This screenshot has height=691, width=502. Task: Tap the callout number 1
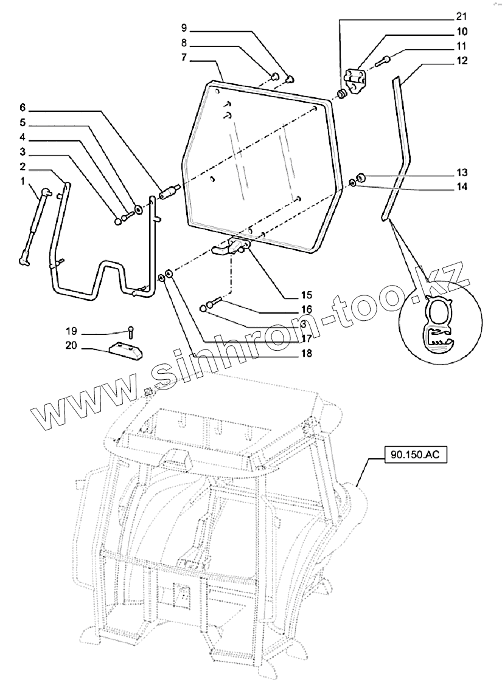[22, 181]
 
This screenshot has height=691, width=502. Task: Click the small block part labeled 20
[125, 350]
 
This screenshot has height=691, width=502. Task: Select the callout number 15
[305, 296]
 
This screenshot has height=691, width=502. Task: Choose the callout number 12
[460, 61]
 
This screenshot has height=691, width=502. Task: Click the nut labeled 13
[360, 178]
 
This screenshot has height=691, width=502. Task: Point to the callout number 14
[461, 187]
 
